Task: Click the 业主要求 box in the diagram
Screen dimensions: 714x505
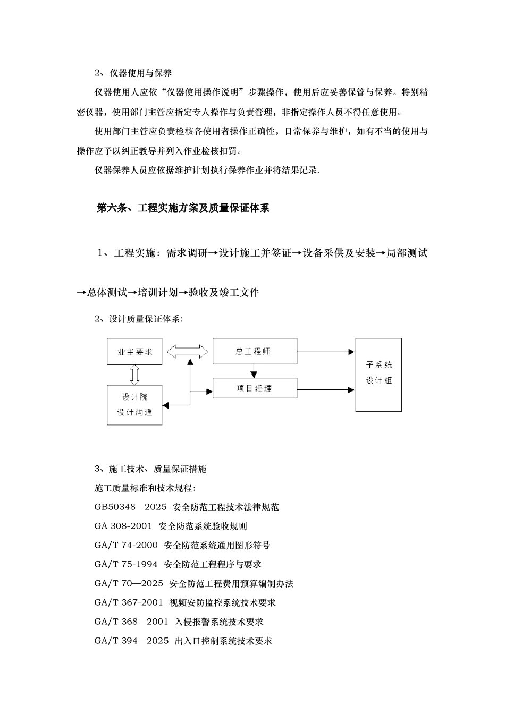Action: pos(134,352)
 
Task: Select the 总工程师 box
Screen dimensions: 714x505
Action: pos(255,351)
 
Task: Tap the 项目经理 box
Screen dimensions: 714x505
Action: pos(255,388)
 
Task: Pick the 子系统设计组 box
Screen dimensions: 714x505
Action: pos(378,374)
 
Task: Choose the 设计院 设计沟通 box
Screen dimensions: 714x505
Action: pos(134,405)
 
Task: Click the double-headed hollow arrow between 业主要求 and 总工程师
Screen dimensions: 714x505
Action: pos(187,351)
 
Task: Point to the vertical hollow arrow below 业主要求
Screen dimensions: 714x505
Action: pos(134,375)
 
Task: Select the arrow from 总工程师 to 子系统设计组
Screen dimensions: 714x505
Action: pos(325,352)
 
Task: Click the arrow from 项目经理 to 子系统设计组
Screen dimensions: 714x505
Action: pos(325,390)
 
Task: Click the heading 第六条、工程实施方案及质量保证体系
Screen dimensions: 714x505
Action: pos(183,208)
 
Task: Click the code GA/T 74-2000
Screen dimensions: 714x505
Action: pos(126,546)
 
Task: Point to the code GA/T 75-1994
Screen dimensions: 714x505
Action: pos(126,565)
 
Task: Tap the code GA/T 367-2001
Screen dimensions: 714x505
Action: pos(129,603)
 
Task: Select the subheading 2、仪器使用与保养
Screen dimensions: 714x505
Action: pos(133,73)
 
